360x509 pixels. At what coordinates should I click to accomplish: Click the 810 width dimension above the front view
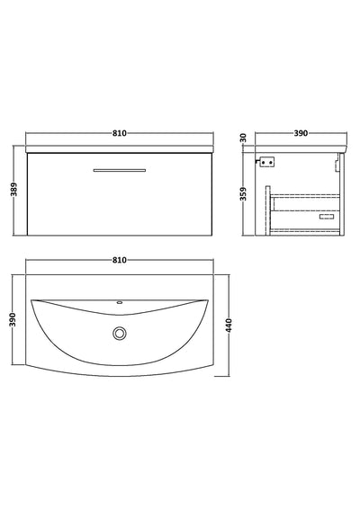120,132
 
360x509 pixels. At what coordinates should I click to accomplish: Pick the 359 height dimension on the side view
243,197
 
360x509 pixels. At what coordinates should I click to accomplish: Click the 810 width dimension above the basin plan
120,259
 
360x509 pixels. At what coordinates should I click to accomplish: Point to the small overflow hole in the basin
120,303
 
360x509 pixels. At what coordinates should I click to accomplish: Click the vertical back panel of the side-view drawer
272,209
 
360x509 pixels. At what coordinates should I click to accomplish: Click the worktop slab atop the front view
120,148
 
